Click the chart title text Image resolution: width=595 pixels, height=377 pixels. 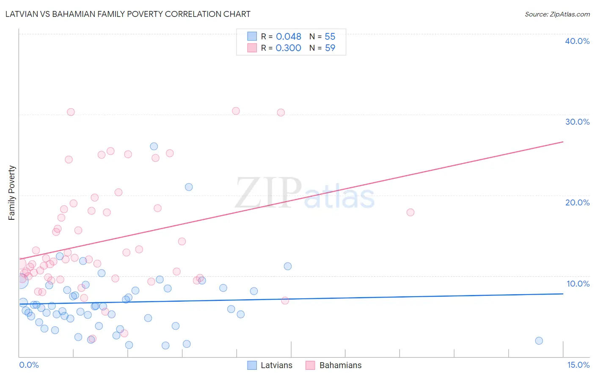click(128, 14)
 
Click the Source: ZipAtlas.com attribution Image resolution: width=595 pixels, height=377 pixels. click(557, 14)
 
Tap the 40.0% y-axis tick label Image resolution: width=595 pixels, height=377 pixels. click(577, 41)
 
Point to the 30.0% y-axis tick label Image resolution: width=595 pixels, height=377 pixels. click(577, 122)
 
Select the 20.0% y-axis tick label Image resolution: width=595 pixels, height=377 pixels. click(577, 202)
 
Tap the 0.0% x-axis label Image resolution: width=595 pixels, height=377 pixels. click(29, 365)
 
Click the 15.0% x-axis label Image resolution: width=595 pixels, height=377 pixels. click(578, 365)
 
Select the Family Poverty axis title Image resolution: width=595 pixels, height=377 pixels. click(12, 193)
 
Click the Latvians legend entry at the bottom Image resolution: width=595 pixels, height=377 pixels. click(276, 365)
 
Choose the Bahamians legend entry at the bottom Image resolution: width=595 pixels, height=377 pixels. click(340, 365)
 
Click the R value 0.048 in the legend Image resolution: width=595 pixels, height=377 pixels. click(288, 37)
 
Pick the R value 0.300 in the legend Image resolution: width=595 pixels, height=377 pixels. click(288, 48)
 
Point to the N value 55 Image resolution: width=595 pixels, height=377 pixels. click(330, 37)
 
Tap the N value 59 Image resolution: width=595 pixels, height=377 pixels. click(330, 48)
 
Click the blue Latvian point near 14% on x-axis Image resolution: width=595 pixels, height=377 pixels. click(539, 341)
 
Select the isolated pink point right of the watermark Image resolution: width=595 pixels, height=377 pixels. click(410, 212)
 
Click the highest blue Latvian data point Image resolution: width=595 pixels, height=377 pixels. click(154, 146)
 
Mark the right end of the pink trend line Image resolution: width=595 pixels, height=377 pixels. click(563, 142)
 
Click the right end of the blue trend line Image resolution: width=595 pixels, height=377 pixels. click(563, 293)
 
